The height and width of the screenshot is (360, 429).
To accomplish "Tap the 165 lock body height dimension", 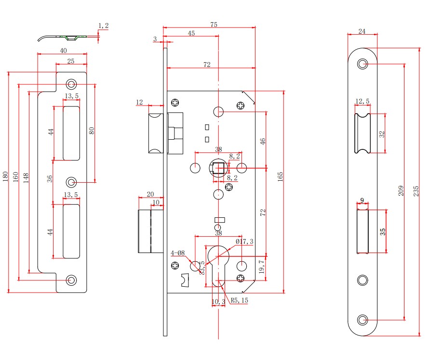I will tap(280, 176).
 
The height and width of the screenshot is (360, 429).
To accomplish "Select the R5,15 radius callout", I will tap(239, 300).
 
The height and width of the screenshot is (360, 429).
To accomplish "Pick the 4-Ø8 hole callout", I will tap(178, 253).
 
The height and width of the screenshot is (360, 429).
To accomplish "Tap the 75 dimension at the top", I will tap(214, 24).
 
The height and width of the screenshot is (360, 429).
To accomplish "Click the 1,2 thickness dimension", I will tap(104, 25).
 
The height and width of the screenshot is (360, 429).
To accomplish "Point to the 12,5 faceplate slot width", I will tap(362, 101).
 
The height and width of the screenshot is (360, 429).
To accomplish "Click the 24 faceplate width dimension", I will tap(362, 31).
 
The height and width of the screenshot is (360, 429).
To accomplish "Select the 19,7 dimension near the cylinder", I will tap(262, 267).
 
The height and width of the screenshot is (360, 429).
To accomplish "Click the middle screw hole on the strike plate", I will tap(71, 182).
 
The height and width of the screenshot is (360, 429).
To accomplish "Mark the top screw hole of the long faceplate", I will tap(362, 64).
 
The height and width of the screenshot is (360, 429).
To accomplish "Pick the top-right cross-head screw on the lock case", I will tap(241, 105).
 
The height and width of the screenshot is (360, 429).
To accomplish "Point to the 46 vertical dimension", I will tap(263, 141).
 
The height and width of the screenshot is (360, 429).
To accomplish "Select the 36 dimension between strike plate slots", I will tap(49, 179).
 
